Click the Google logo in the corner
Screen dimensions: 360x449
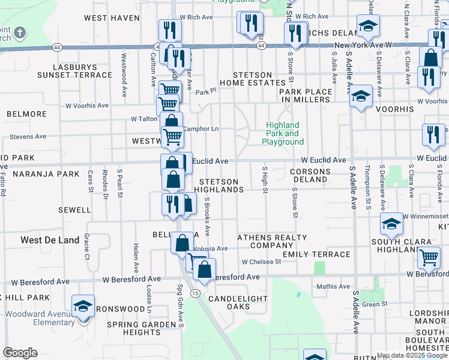click(x=20, y=353)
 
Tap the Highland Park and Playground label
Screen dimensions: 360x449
click(x=282, y=134)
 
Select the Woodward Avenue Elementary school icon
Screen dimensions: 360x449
click(x=83, y=306)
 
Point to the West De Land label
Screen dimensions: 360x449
click(x=50, y=240)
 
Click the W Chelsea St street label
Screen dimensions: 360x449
click(x=262, y=262)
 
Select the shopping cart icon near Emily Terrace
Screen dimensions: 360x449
click(x=429, y=257)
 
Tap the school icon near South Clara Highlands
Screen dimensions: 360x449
click(x=391, y=224)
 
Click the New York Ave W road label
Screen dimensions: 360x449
click(x=363, y=45)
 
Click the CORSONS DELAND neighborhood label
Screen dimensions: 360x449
click(x=310, y=176)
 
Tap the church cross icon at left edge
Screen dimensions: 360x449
click(x=20, y=32)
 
